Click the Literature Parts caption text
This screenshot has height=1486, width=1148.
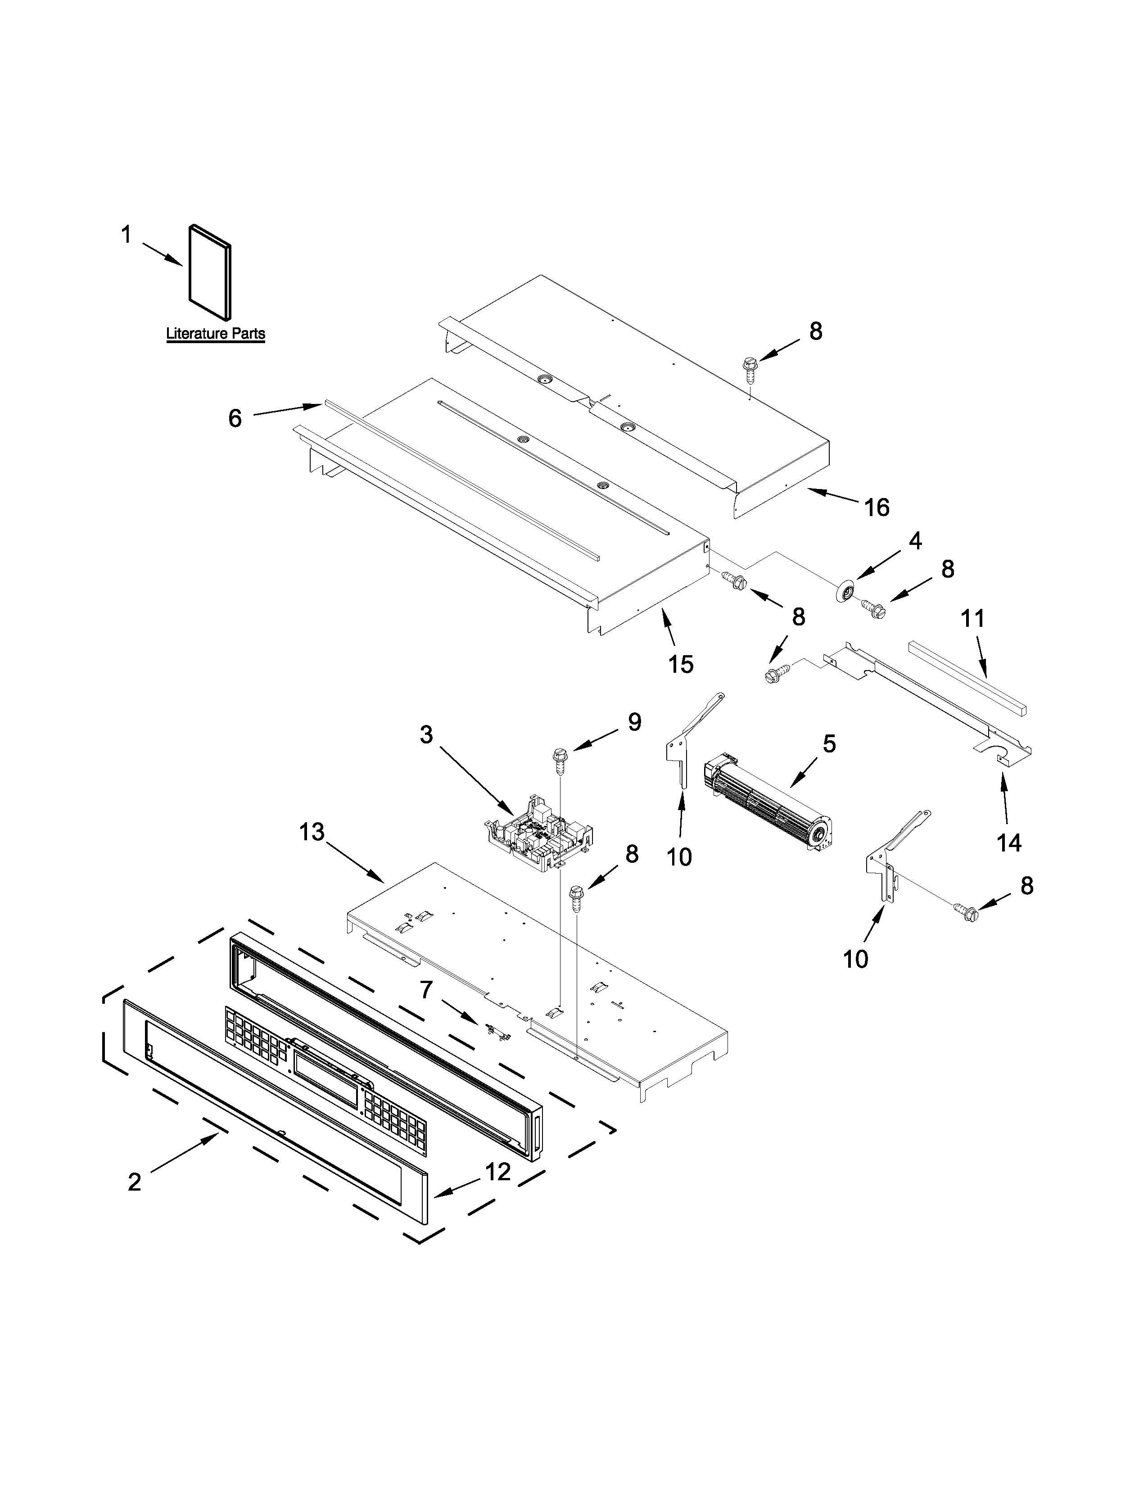point(216,334)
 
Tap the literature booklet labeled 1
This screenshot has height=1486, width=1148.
point(209,271)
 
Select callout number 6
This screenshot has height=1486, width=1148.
point(235,418)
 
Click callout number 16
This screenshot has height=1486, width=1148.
point(877,507)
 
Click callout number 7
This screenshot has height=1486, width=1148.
point(426,989)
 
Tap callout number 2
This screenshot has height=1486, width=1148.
point(135,1182)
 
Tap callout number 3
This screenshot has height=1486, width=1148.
point(426,735)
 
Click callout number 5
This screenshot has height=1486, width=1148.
point(829,744)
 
